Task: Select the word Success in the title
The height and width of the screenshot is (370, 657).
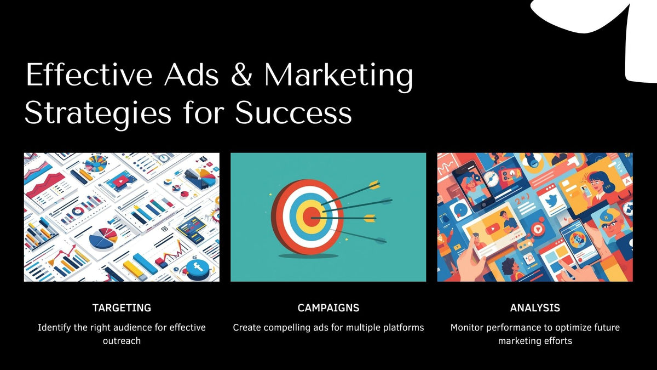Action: click(293, 113)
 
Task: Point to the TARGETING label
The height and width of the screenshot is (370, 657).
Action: click(122, 308)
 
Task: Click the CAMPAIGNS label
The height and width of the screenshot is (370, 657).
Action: click(328, 308)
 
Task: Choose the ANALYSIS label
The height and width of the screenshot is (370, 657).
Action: click(535, 308)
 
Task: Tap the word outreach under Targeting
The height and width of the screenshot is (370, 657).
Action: click(122, 341)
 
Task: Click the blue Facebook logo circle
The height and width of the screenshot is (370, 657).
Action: click(197, 269)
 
